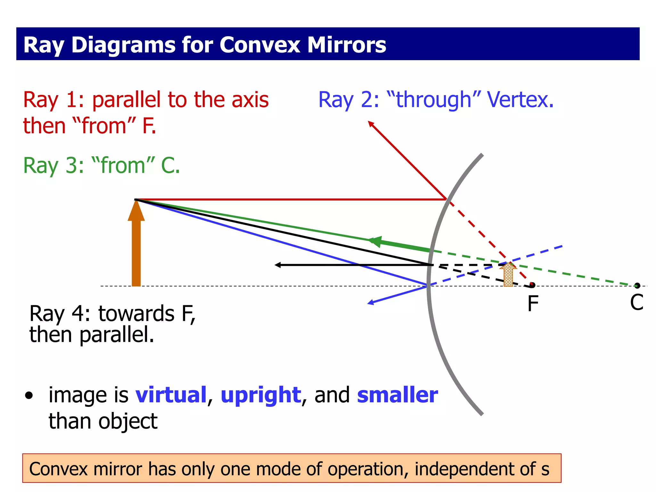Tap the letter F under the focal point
tap(533, 303)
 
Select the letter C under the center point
tap(636, 302)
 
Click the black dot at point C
tap(637, 285)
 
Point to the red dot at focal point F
tap(532, 284)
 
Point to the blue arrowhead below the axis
tap(370, 302)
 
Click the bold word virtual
tap(171, 395)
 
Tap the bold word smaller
tap(397, 395)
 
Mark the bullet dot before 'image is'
tap(29, 396)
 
